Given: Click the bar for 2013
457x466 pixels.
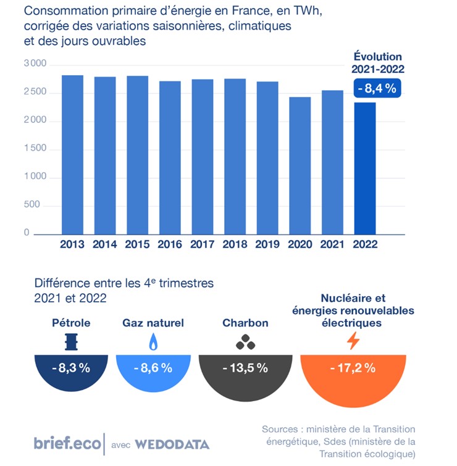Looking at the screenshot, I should [x=72, y=154].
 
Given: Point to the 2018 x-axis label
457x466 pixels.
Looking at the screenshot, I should [x=235, y=244].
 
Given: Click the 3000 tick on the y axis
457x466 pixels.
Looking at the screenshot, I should [x=35, y=64].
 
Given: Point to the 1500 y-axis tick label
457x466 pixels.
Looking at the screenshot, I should [x=35, y=149].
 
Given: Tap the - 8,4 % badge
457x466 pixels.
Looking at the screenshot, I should [x=377, y=89].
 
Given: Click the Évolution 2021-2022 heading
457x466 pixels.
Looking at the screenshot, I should [x=377, y=63].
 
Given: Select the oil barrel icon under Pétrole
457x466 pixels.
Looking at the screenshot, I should [x=72, y=341].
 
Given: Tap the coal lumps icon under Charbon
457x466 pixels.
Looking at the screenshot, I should [x=245, y=341].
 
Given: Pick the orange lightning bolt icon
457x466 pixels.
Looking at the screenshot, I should [x=353, y=341].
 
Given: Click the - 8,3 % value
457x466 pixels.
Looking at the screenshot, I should [x=72, y=368].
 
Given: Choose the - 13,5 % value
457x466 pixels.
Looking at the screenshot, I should [x=245, y=368].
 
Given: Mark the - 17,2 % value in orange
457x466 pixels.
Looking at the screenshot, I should [x=353, y=368].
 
